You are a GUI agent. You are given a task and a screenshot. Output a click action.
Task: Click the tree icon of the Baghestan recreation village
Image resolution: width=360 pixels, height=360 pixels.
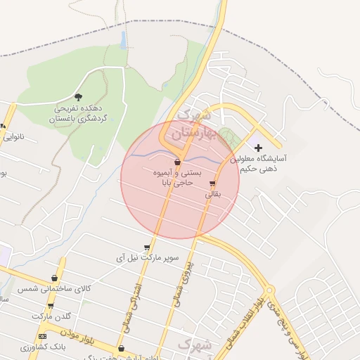coord(77,96)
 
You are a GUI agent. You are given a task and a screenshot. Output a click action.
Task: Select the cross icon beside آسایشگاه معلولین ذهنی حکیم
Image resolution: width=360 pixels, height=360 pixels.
coord(258,148)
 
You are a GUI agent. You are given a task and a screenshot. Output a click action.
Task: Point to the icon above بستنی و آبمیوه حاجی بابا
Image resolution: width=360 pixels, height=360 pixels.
coord(177,162)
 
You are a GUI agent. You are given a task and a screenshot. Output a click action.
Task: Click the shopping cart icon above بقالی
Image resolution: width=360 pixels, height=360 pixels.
coord(213,184)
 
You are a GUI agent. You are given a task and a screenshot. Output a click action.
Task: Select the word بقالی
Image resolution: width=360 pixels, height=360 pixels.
coord(212,193)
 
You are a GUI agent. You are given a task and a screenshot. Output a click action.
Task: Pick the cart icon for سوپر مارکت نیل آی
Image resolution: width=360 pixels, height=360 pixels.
coord(146,247)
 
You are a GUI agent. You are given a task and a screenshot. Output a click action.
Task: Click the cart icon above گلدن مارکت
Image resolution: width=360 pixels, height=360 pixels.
coord(51,305)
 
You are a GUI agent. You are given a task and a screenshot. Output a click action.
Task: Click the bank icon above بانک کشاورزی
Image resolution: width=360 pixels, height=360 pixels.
coord(42,336)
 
